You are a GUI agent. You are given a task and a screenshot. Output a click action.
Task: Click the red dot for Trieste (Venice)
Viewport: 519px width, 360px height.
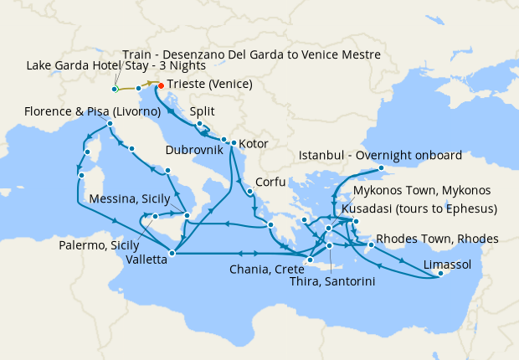click(x=161, y=85)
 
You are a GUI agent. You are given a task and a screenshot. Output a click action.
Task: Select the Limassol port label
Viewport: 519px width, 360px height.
click(x=448, y=265)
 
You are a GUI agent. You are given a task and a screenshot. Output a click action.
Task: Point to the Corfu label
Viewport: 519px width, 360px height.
click(x=272, y=180)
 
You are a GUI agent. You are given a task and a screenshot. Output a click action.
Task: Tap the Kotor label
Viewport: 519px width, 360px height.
click(x=254, y=144)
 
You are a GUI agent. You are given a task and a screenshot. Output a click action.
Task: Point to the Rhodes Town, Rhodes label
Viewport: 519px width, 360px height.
click(x=437, y=239)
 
